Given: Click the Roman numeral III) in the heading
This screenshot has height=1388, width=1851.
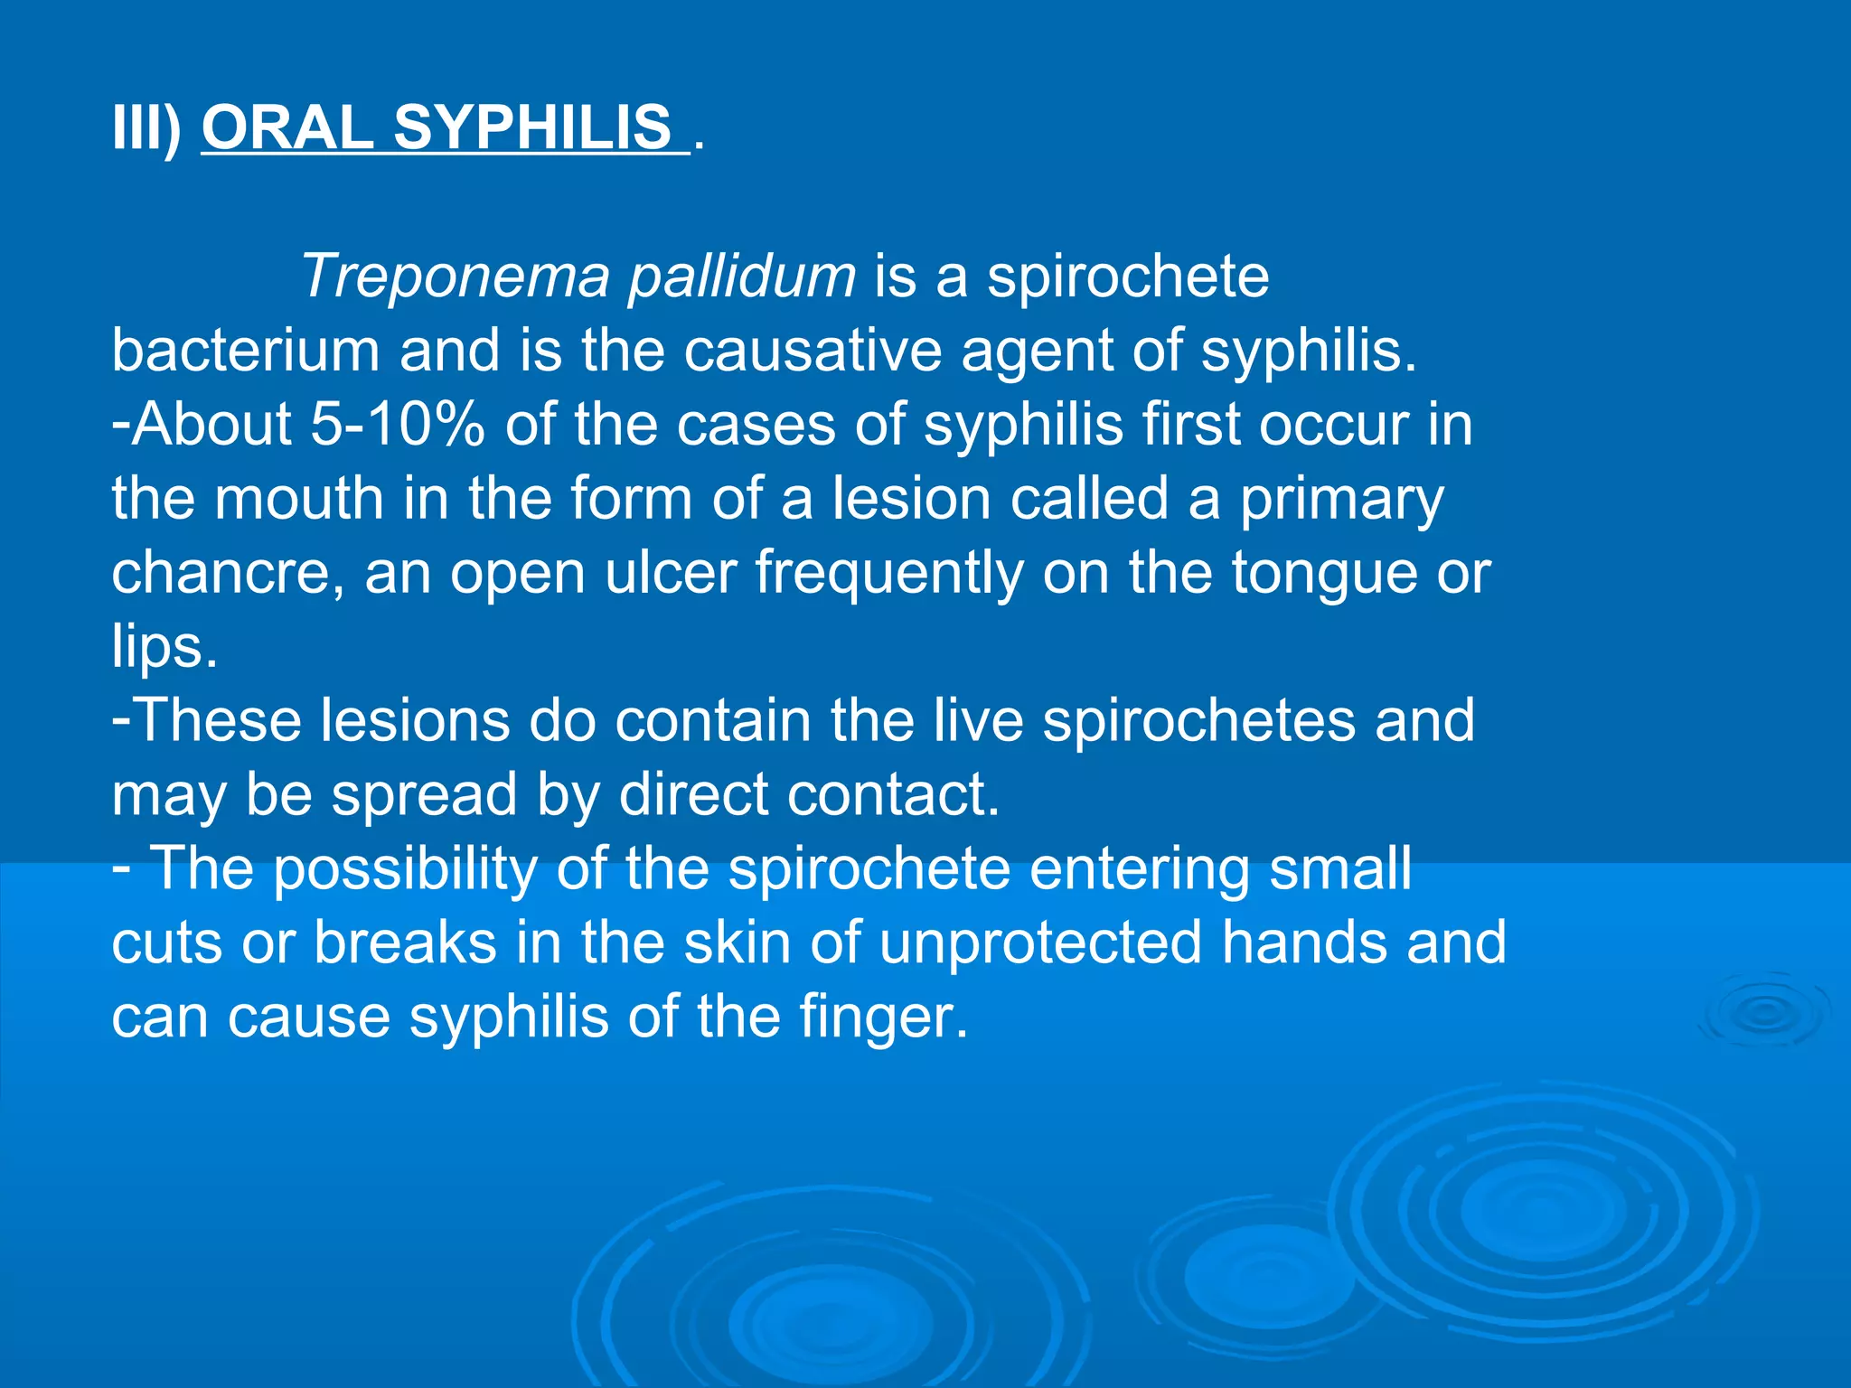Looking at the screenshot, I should pos(146,127).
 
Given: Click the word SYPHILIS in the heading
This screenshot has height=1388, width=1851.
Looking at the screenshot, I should pos(532,127).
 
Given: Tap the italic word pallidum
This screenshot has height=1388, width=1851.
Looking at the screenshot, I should pos(741,277).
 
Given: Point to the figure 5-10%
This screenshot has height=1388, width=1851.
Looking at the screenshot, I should pos(397,424).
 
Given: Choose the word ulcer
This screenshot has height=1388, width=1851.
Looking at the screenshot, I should pos(670,573).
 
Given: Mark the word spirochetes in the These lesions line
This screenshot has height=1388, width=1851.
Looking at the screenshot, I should pos(1198,721).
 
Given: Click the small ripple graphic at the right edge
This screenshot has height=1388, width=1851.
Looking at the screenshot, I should pos(1762,1012).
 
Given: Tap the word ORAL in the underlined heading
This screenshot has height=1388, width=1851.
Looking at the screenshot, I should pos(287,127).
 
